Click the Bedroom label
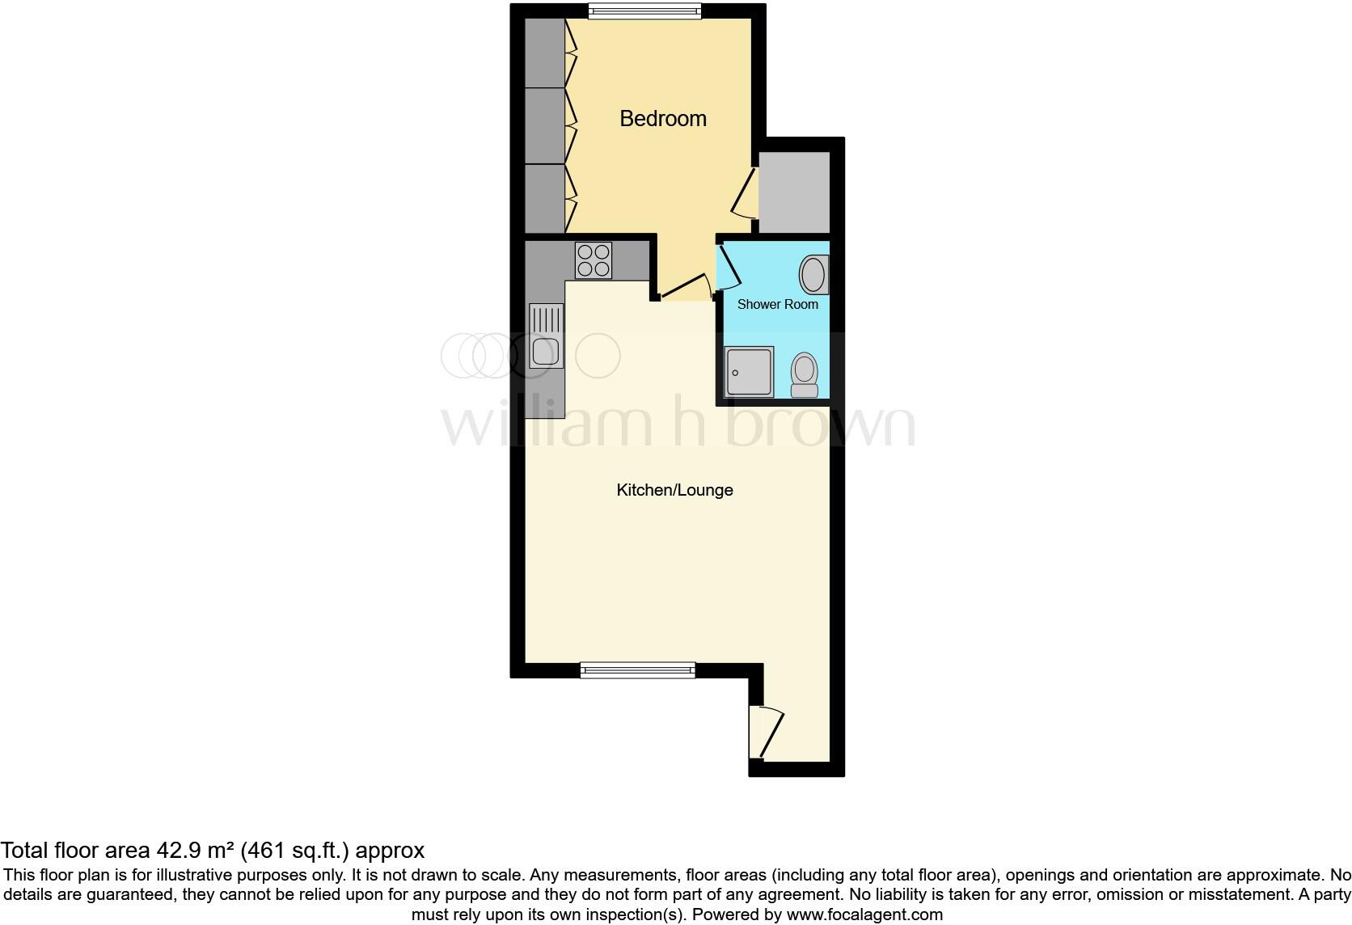click(662, 119)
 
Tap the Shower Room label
click(777, 305)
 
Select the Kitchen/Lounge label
click(674, 490)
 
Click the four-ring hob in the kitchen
click(593, 260)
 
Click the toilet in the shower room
click(805, 375)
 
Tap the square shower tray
click(750, 371)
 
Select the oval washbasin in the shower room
click(813, 275)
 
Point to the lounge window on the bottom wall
click(638, 669)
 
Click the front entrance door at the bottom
click(766, 733)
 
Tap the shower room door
click(727, 267)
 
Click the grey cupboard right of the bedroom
click(794, 192)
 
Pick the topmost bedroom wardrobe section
click(545, 53)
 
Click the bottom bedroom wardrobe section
click(545, 198)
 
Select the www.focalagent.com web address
click(864, 914)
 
